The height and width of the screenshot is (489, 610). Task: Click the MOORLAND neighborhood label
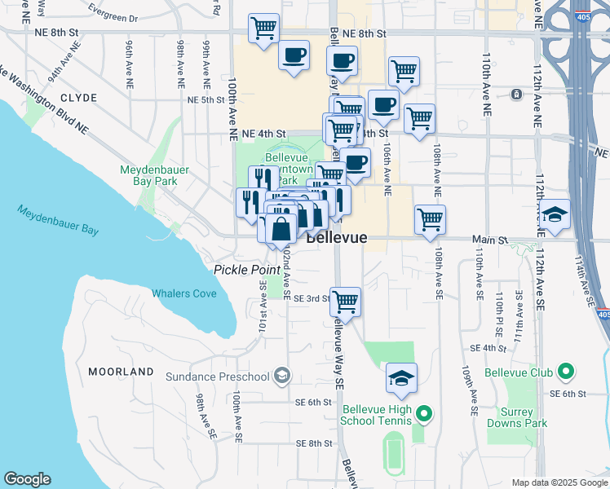click(x=121, y=372)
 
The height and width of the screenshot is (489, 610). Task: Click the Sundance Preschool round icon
click(x=282, y=376)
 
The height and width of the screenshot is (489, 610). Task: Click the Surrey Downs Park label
click(x=517, y=416)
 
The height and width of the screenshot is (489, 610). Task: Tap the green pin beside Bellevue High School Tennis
click(x=422, y=414)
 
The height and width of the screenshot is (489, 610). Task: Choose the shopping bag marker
click(x=281, y=229)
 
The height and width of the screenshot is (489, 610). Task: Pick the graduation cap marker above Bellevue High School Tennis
click(x=401, y=377)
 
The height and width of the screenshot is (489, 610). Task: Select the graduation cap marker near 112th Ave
click(x=555, y=214)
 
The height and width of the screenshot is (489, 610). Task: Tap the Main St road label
click(x=492, y=240)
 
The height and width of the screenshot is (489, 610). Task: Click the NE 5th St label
click(x=206, y=99)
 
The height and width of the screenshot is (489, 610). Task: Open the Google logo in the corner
click(x=27, y=479)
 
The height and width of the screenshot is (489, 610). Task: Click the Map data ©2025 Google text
click(x=559, y=482)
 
